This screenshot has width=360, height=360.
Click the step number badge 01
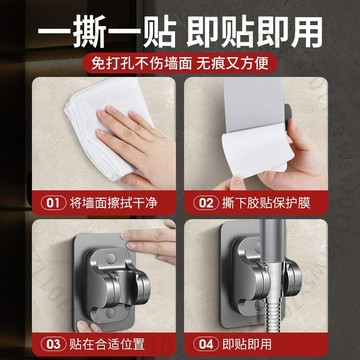pyautogui.click(x=52, y=203)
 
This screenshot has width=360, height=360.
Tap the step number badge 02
pyautogui.click(x=206, y=203)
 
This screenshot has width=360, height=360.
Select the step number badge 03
pyautogui.click(x=53, y=344)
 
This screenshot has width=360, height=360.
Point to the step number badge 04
pyautogui.click(x=206, y=344)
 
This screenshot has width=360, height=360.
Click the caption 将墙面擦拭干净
pyautogui.click(x=113, y=203)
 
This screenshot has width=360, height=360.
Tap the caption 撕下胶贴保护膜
pyautogui.click(x=266, y=203)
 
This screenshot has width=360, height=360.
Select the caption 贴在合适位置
pyautogui.click(x=107, y=344)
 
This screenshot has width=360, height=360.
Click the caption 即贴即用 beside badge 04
pyautogui.click(x=247, y=344)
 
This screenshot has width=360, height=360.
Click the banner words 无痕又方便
pyautogui.click(x=233, y=63)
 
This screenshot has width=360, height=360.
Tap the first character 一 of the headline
pyautogui.click(x=54, y=32)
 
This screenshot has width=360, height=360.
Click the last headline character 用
pyautogui.click(x=307, y=32)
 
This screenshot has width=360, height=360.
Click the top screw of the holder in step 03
pyautogui.click(x=111, y=258)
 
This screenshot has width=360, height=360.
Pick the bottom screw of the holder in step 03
pyautogui.click(x=111, y=312)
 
